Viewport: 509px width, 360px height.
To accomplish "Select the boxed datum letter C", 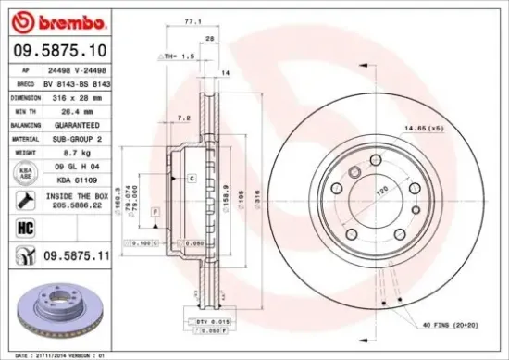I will tap(191, 177).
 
